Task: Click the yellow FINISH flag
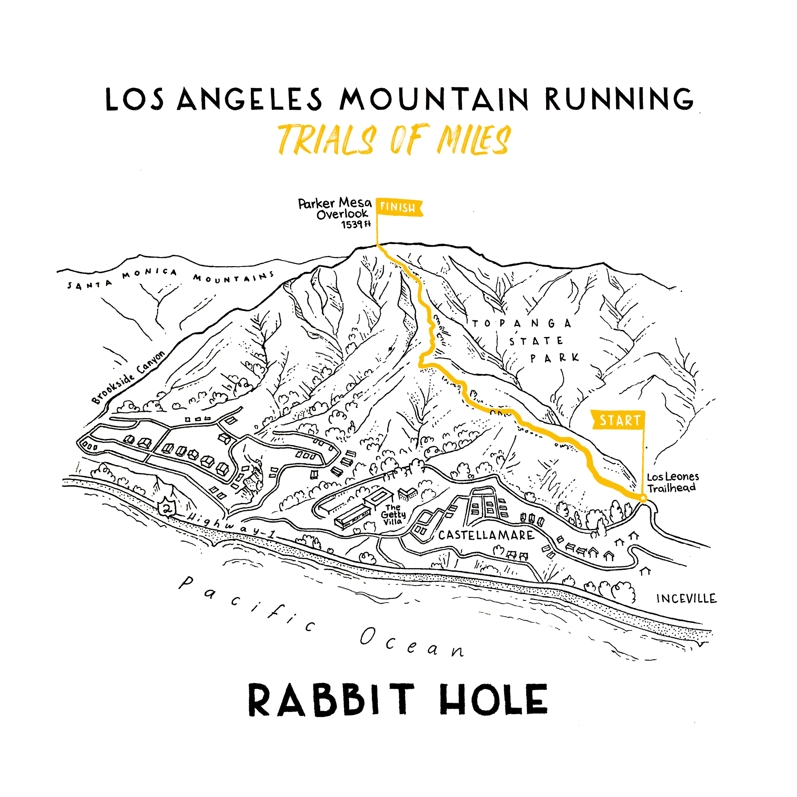(398, 208)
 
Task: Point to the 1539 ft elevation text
(355, 224)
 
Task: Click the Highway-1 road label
(231, 526)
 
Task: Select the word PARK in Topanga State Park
(554, 358)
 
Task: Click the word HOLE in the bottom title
(494, 700)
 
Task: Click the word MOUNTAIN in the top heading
(434, 99)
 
